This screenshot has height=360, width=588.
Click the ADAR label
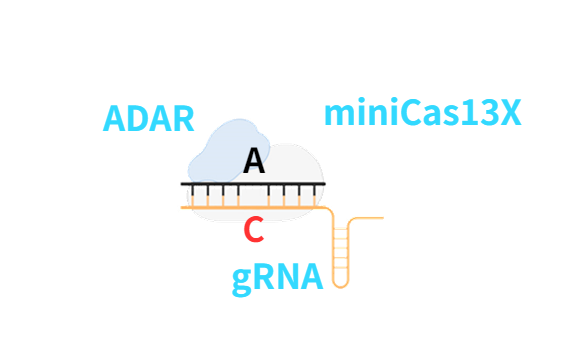[149, 119]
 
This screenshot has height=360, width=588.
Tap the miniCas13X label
[422, 113]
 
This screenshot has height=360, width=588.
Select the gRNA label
[277, 276]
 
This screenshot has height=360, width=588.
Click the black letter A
[255, 161]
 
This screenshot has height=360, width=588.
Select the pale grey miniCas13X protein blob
[300, 165]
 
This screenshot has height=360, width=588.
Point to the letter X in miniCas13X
[509, 113]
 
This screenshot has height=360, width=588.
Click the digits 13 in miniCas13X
[475, 113]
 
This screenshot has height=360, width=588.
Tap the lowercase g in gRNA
[242, 279]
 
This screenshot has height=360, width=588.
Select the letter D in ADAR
[139, 119]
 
